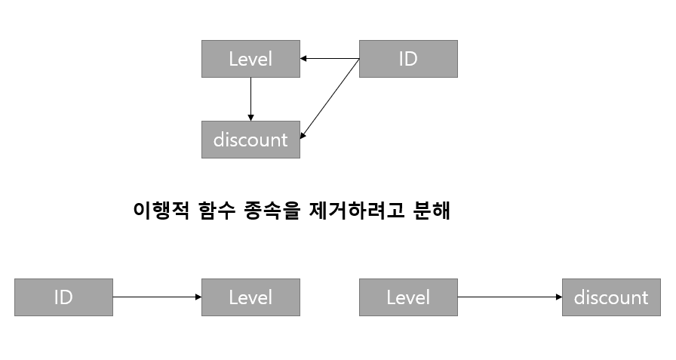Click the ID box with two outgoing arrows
click(407, 59)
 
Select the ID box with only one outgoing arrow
click(63, 297)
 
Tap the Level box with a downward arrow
click(250, 59)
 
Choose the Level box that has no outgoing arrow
click(250, 297)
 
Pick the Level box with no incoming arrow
click(408, 297)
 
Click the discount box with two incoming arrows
click(250, 140)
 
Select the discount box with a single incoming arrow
click(611, 297)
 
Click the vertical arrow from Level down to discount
click(250, 97)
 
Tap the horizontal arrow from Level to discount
click(509, 297)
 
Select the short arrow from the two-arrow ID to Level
click(330, 59)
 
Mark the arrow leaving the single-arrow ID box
click(157, 297)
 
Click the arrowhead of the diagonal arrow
click(303, 136)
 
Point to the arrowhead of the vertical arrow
click(250, 117)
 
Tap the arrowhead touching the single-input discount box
click(559, 297)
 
